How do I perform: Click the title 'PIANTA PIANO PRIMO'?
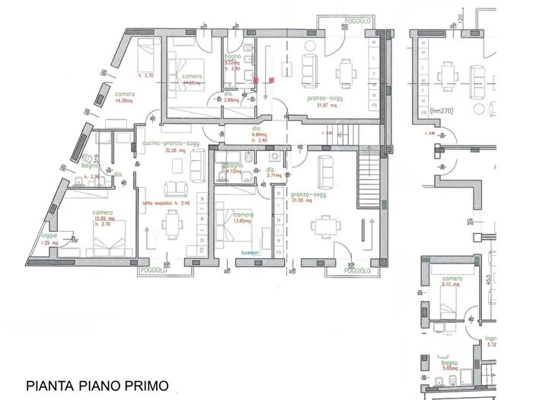[x=97, y=386]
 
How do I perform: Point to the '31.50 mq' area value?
[x=314, y=200]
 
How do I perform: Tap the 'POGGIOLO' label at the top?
[x=356, y=21]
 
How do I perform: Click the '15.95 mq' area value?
[x=104, y=219]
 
